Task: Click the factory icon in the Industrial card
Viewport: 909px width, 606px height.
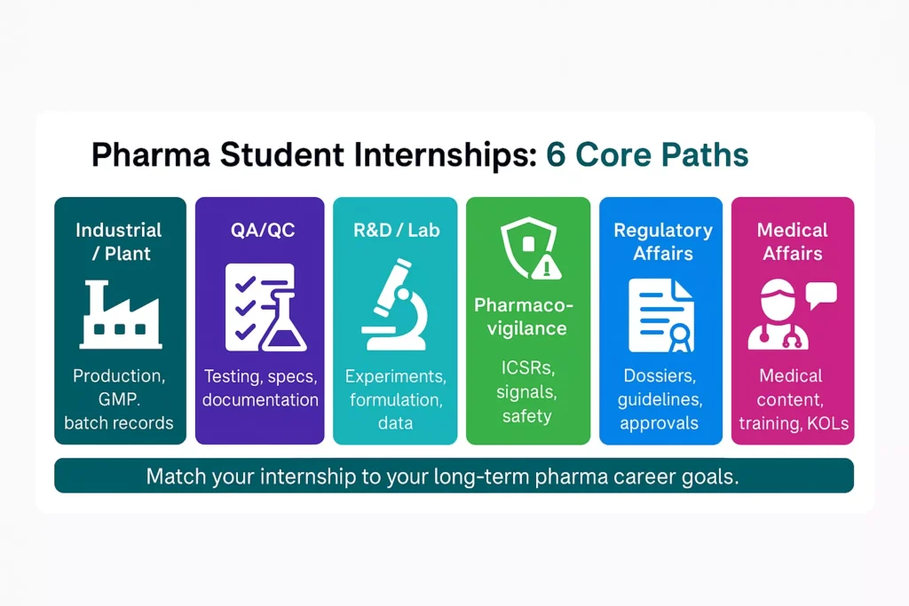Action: [120, 315]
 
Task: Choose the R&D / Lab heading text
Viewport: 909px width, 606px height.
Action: [395, 231]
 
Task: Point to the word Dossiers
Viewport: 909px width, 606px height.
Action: [661, 376]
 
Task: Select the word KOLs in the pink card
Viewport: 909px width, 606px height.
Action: [828, 423]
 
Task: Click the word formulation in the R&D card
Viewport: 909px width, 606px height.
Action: [395, 399]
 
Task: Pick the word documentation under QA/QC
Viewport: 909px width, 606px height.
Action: [259, 399]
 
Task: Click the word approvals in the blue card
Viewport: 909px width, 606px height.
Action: [661, 423]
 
